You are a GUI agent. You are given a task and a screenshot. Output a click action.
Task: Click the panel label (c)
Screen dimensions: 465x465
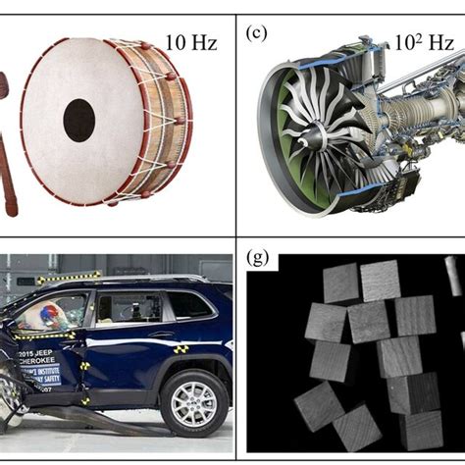pos(256,31)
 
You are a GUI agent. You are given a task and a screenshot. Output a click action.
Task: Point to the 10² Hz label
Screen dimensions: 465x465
pos(423,43)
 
